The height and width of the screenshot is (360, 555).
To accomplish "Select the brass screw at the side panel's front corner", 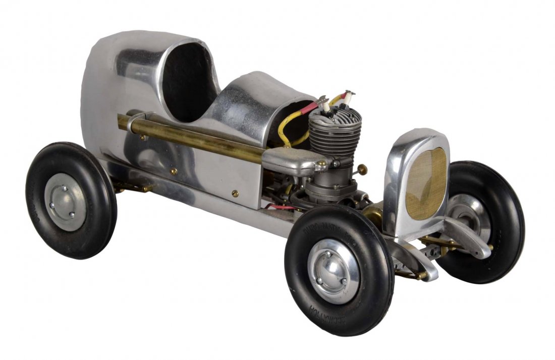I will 235,193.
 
